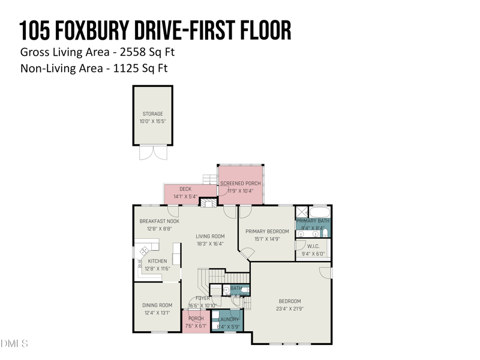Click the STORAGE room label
point(152,113)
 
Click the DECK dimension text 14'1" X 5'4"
point(185,196)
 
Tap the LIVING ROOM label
point(209,236)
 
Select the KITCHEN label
point(157,261)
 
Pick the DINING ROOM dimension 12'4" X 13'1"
point(157,313)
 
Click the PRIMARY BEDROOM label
point(267,231)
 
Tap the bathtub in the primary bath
point(319,212)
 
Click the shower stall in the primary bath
point(302,212)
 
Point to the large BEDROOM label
point(290,301)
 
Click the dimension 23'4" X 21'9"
point(290,309)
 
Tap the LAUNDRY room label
point(228,319)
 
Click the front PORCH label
point(196,319)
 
